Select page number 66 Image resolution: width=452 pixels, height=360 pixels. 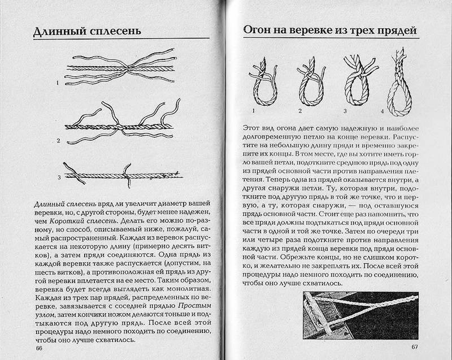coord(39,349)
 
